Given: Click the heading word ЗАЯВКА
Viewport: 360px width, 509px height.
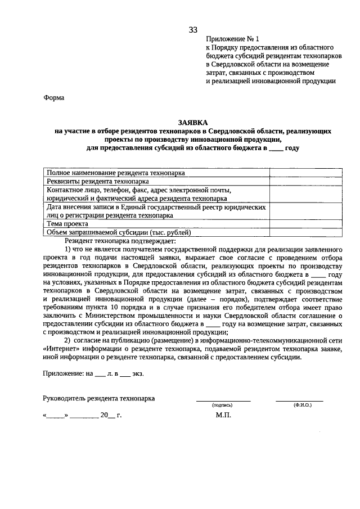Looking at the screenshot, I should [192, 121].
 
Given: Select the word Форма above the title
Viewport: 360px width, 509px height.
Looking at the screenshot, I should [54, 98].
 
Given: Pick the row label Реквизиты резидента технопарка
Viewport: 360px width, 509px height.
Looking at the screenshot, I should [98, 182].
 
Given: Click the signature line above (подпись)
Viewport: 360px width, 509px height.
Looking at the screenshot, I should [223, 400].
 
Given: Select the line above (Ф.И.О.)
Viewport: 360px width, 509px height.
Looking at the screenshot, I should [299, 400].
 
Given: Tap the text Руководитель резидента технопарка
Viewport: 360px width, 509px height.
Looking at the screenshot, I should [99, 399].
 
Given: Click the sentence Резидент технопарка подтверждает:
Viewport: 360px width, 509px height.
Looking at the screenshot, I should [120, 240].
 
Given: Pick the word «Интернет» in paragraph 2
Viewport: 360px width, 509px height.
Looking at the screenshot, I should [61, 349].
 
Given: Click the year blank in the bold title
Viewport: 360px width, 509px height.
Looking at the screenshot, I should [275, 148].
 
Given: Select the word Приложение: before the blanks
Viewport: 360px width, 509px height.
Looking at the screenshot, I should [63, 373].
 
